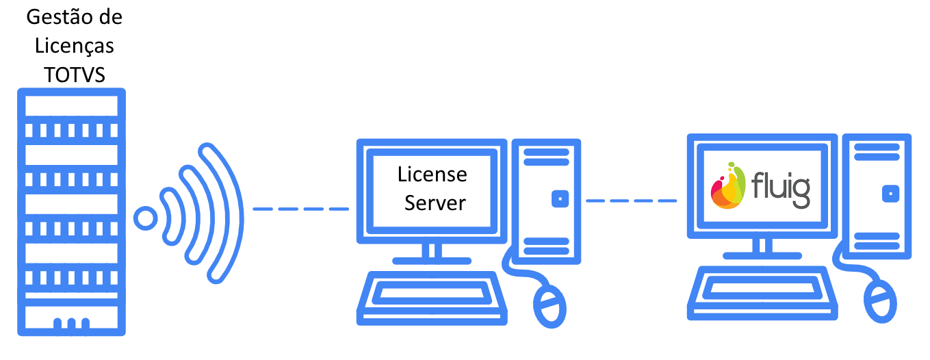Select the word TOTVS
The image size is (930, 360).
click(x=75, y=75)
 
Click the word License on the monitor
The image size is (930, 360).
click(x=432, y=174)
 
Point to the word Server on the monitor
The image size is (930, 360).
click(x=435, y=203)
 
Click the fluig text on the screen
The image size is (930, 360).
click(x=781, y=190)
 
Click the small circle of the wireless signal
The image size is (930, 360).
click(x=145, y=218)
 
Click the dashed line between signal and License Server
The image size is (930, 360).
click(x=300, y=209)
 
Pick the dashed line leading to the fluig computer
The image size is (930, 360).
click(x=631, y=201)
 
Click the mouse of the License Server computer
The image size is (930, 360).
click(x=550, y=307)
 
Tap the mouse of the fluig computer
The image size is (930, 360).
click(x=880, y=301)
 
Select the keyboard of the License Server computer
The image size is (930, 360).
click(x=432, y=298)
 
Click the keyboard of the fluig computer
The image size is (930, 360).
click(x=762, y=293)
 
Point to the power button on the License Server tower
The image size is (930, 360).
click(x=560, y=199)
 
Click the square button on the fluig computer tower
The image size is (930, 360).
click(x=890, y=194)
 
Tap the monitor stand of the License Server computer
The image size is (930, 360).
click(x=432, y=254)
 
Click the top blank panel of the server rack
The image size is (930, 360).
click(x=71, y=106)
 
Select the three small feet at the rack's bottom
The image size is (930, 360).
click(x=71, y=324)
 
